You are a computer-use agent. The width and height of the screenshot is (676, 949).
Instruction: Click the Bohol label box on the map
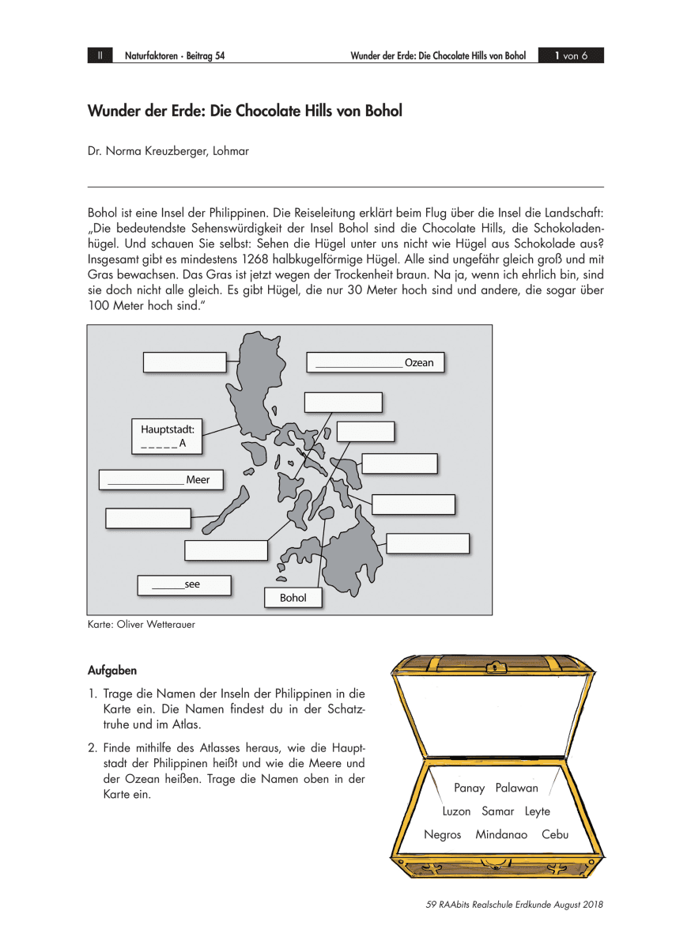point(293,598)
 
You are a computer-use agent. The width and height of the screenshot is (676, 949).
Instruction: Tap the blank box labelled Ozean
point(376,362)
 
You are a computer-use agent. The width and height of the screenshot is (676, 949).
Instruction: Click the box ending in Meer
point(161,479)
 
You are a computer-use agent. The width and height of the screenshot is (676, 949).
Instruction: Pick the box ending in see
point(184,585)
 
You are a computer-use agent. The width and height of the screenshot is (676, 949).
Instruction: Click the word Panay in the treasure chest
point(470,788)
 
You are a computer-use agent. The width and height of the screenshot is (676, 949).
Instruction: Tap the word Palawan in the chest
point(516,788)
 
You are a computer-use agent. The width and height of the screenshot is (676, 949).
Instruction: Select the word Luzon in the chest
point(456,811)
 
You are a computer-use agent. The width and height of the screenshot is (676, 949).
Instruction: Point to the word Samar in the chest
point(498,811)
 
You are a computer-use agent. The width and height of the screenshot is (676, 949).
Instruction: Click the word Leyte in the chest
point(538,811)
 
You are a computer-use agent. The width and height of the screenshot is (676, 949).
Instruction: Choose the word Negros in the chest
point(443,834)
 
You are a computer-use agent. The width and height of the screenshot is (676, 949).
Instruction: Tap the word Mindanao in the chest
point(501,834)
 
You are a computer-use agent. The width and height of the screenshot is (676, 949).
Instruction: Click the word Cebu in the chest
point(555,834)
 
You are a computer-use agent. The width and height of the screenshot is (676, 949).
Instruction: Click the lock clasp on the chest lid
point(496,667)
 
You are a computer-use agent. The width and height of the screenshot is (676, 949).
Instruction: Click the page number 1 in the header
point(557,56)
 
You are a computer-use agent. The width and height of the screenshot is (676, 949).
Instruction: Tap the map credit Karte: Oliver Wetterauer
point(142,625)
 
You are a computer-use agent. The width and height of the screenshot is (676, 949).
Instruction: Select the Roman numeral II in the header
point(100,56)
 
